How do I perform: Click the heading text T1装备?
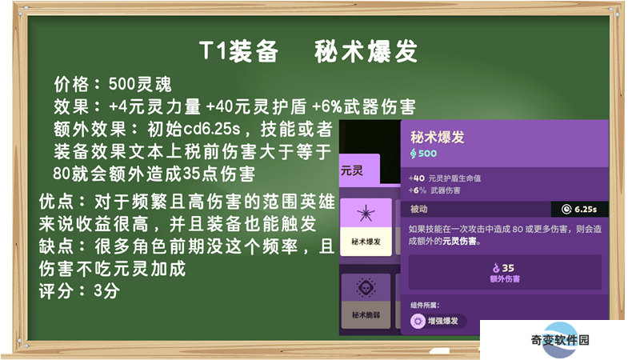(238, 52)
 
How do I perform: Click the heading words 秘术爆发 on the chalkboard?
(366, 52)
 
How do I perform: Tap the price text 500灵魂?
(140, 84)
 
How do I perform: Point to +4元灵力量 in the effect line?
(154, 107)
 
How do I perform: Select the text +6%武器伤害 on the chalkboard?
(364, 107)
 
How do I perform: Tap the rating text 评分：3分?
(79, 291)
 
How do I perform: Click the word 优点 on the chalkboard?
(57, 202)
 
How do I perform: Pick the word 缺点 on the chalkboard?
(57, 246)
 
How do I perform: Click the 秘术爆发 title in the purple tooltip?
(437, 137)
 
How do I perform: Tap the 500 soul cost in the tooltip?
(423, 154)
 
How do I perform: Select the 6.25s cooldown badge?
(579, 210)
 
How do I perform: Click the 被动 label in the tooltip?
(418, 210)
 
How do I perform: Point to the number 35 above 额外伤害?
(508, 268)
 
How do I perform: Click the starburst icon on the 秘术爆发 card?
(366, 214)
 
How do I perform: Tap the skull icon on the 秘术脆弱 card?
(366, 288)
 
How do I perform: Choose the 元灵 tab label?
(352, 170)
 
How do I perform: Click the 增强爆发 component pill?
(438, 322)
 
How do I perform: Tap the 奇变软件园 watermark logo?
(560, 339)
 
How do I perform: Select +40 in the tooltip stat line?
(416, 178)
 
